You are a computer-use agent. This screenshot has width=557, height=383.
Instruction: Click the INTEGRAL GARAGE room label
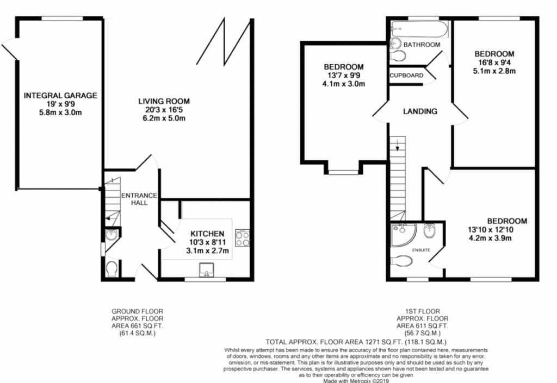click(x=60, y=96)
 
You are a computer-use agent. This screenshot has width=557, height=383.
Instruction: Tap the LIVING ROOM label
click(x=163, y=101)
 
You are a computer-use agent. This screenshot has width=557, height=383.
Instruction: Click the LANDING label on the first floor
click(x=420, y=111)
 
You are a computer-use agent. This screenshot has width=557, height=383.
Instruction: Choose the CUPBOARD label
click(x=406, y=75)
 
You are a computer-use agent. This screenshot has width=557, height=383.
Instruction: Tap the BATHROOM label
click(x=422, y=45)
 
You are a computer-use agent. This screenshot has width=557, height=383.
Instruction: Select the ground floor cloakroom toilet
click(x=111, y=269)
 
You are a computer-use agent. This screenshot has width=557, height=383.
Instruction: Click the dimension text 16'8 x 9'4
click(x=494, y=62)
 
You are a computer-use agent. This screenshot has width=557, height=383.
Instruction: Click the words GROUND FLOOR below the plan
click(x=137, y=311)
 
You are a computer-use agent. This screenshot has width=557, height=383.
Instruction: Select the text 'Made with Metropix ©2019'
click(x=356, y=380)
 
